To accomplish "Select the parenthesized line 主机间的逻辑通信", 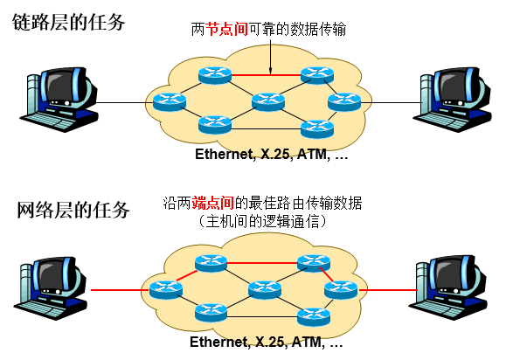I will pos(262,222).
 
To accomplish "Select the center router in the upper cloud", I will pos(267,102).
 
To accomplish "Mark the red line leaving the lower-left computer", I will pos(114,289).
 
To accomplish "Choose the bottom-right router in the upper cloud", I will pos(316,128).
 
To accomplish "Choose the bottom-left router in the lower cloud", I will pos(211,311).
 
